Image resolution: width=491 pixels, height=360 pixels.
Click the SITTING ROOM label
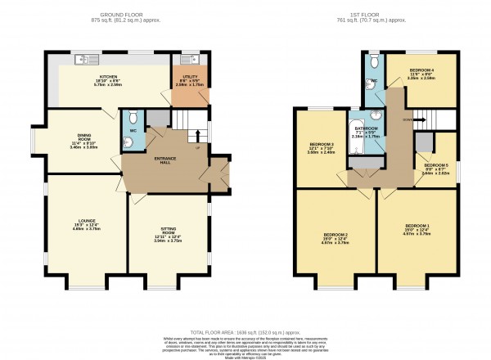pos(167,235)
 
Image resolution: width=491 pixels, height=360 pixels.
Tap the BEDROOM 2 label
pos(336,236)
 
